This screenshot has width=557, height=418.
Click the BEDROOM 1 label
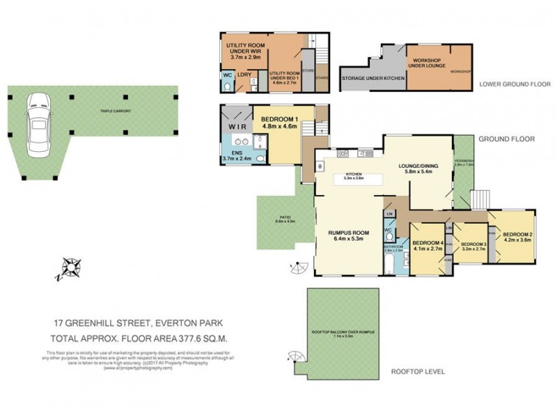tap(279, 120)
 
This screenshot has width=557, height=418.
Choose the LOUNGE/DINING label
tap(416, 166)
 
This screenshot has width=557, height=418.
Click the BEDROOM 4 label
tap(427, 242)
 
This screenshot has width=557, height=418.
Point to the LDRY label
tap(244, 75)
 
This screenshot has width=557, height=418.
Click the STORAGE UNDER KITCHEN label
tap(373, 78)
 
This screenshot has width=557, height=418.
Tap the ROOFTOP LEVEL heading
tap(418, 371)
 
